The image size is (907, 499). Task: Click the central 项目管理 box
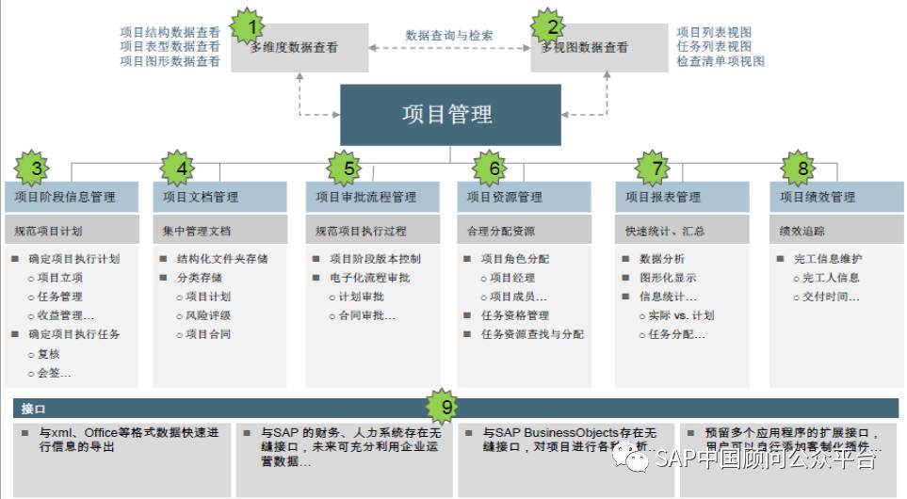450,115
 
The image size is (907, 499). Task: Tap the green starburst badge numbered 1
251,26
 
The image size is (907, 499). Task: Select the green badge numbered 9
445,408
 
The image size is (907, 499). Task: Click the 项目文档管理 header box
219,197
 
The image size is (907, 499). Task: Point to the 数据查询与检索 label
449,36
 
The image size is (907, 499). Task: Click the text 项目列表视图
714,32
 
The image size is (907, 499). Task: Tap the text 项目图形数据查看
170,61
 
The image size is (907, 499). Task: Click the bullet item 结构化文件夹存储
222,259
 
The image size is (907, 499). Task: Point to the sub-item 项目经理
512,278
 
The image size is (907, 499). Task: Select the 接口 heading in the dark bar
33,409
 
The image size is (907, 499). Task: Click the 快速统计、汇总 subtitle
664,231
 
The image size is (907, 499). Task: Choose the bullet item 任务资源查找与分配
532,334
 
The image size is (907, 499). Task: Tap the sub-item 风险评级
208,315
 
